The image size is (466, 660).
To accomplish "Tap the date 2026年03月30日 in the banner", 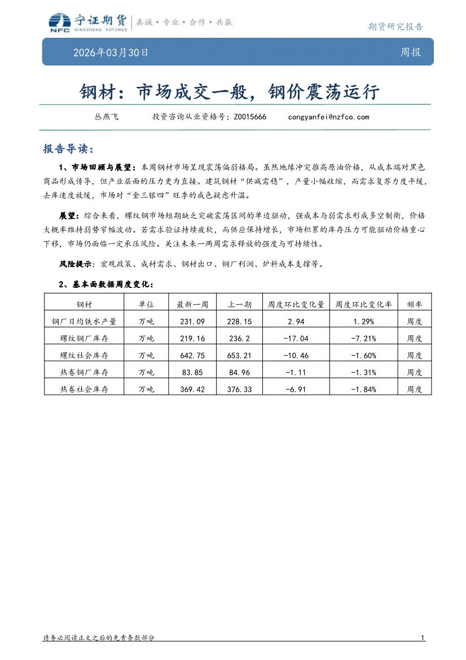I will [111, 53].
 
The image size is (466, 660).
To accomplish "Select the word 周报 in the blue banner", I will [410, 53].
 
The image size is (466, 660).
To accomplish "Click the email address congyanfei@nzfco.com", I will [328, 117].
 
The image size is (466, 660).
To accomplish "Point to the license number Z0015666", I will [249, 117].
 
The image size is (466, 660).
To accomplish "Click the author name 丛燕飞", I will [106, 117].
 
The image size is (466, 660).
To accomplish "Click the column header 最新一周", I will [192, 304].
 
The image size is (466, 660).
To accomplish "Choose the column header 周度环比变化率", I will [363, 304].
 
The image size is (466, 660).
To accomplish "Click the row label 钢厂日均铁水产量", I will [84, 321].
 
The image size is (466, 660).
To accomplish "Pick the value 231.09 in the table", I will [192, 321].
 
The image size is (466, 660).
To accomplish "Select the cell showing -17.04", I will [296, 338].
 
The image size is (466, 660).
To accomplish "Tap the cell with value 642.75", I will [192, 355].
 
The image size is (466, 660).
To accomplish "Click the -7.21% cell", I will [363, 338].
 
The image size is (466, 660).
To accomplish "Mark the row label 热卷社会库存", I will [84, 389].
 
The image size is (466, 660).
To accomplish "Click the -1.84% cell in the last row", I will [363, 389].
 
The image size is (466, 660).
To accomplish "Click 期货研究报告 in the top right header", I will [395, 27].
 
